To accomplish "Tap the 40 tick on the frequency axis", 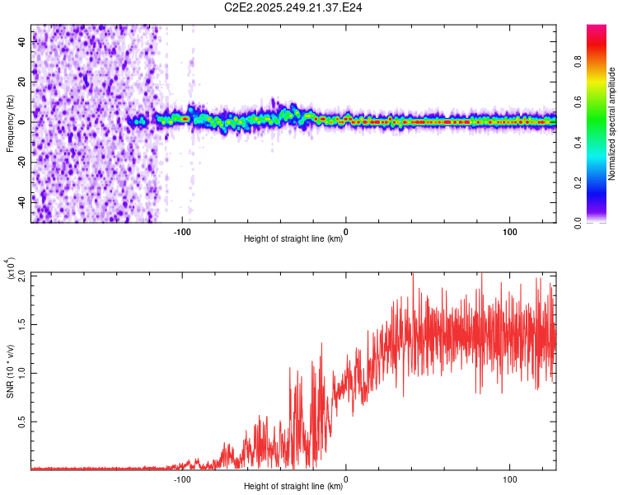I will click(23, 43).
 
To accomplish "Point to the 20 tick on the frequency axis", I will click(23, 82).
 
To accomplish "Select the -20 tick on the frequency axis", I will click(21, 162).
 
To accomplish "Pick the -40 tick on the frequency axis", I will click(21, 201).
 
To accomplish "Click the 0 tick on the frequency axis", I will click(25, 122).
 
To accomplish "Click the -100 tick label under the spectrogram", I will click(182, 232).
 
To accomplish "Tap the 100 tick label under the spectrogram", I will click(509, 232).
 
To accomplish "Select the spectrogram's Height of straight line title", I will click(293, 239).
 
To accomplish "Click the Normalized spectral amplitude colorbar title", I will click(612, 124).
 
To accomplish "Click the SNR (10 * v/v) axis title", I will click(10, 371).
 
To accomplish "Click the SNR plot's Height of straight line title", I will click(293, 487).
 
